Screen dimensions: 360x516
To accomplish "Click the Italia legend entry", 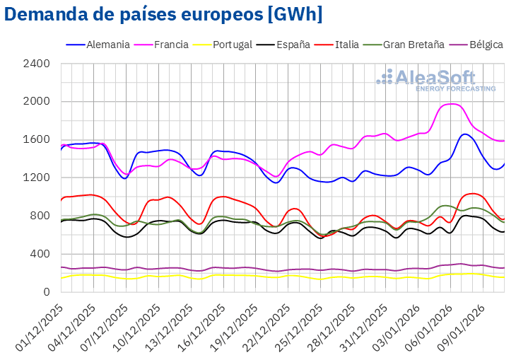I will pos(346,45).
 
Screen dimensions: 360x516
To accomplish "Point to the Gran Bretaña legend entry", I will pos(414,45).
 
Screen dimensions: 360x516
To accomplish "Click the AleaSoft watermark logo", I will pos(435,80).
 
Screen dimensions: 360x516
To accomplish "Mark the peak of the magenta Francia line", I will pos(452,104).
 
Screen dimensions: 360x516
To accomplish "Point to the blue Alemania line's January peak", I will pos(464,134).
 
